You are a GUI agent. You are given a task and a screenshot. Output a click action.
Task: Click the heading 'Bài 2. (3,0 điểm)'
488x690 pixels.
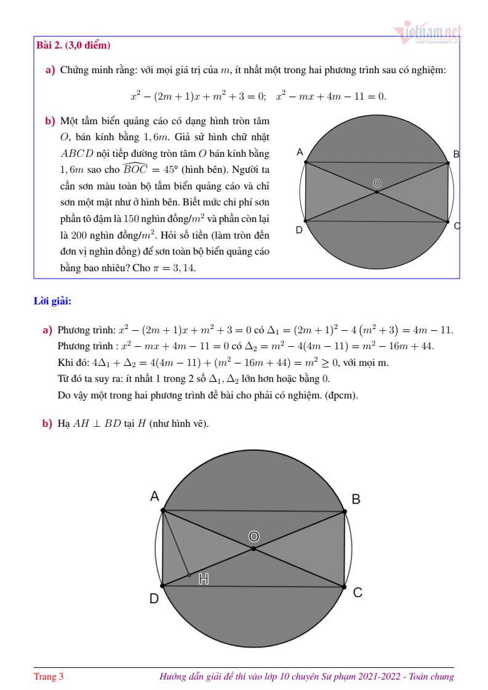pos(73,46)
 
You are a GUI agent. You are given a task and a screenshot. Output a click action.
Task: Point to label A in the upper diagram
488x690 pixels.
pos(299,152)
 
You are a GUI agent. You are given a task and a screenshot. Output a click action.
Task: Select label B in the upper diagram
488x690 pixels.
pos(456,154)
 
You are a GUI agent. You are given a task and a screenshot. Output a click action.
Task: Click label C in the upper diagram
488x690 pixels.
pos(457,226)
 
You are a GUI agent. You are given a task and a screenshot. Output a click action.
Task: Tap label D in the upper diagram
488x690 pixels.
pos(298,230)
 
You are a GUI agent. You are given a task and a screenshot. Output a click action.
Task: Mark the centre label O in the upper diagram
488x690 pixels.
pos(377,183)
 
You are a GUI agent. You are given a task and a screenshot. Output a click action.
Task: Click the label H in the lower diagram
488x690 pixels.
pos(204,579)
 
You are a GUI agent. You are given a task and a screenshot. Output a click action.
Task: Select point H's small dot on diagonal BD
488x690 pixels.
pos(189,575)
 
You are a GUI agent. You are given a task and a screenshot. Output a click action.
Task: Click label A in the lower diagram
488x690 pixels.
pos(155,496)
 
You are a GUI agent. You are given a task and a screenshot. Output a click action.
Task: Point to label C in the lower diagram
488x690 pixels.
pos(357,592)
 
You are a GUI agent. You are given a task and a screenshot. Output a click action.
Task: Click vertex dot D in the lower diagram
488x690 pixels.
pos(163,585)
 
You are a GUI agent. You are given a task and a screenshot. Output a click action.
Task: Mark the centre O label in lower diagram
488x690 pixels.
pos(254,536)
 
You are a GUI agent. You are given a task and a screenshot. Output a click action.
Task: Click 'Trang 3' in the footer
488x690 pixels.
pos(49,676)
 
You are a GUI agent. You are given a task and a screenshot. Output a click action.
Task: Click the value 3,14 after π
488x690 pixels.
pos(183,268)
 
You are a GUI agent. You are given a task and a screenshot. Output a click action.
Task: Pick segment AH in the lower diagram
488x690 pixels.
pos(176,543)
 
